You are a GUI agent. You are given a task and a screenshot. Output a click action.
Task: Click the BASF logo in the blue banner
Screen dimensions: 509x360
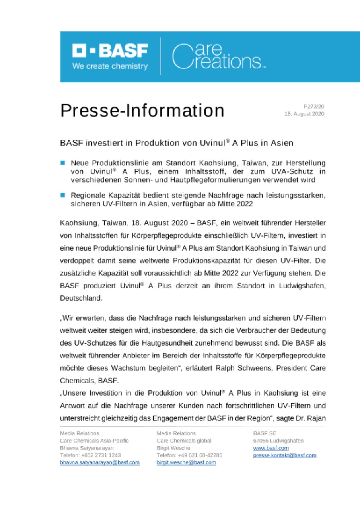[x=110, y=51]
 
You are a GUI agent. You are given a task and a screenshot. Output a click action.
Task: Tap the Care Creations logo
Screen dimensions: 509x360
[x=218, y=57]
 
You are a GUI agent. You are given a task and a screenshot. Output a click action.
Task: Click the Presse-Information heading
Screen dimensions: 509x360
[x=142, y=110]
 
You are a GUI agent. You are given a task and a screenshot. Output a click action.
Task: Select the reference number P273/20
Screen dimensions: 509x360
[x=314, y=106]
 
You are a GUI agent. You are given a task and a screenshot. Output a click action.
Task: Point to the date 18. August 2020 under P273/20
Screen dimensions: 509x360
[x=304, y=114]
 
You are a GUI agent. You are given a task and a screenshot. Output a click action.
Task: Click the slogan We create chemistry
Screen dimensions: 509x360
[x=110, y=66]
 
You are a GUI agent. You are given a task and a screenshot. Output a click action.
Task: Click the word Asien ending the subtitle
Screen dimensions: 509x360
[x=282, y=142]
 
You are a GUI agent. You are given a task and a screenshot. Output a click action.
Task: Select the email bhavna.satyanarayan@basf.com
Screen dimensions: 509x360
[x=99, y=462]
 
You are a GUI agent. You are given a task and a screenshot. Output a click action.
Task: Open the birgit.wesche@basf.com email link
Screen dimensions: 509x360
[x=186, y=462]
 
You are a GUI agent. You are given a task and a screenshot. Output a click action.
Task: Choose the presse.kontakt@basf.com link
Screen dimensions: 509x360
[x=284, y=455]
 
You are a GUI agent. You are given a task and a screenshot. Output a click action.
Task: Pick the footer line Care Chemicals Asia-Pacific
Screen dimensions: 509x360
[x=94, y=441]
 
